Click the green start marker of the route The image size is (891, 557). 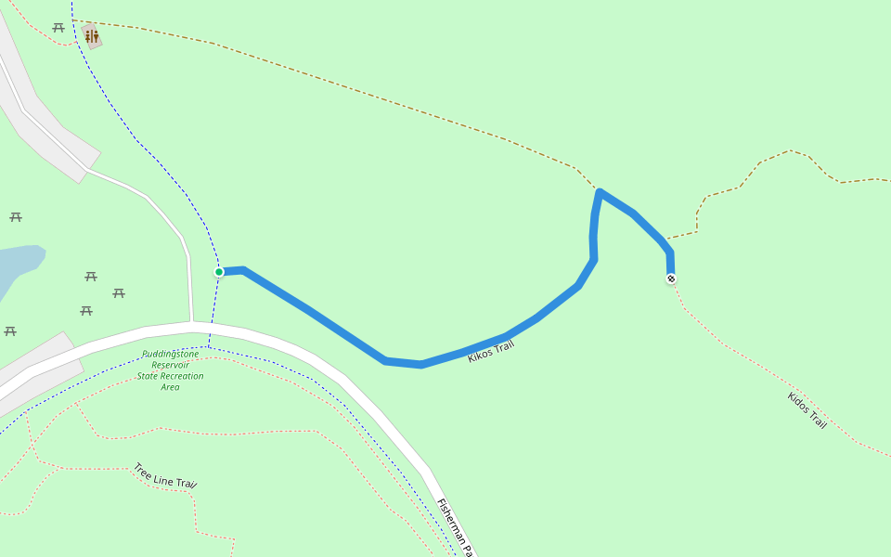pos(219,272)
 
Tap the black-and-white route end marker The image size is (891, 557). pos(671,278)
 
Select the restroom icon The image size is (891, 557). pos(91,36)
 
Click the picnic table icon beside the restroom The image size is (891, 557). pos(58,28)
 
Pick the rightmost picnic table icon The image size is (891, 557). pos(119,293)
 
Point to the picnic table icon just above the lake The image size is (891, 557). pos(16,217)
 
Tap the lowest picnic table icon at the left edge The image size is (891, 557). pos(10,331)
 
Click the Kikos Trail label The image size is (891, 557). pos(491,351)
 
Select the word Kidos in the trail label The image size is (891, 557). pos(798,403)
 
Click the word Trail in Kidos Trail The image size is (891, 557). pos(817,421)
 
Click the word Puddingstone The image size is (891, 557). pos(171,354)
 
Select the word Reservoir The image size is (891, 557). pos(171,365)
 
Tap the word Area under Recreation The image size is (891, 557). pos(170,387)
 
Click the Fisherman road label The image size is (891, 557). pos(456,525)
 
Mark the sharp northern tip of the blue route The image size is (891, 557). pos(600,192)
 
